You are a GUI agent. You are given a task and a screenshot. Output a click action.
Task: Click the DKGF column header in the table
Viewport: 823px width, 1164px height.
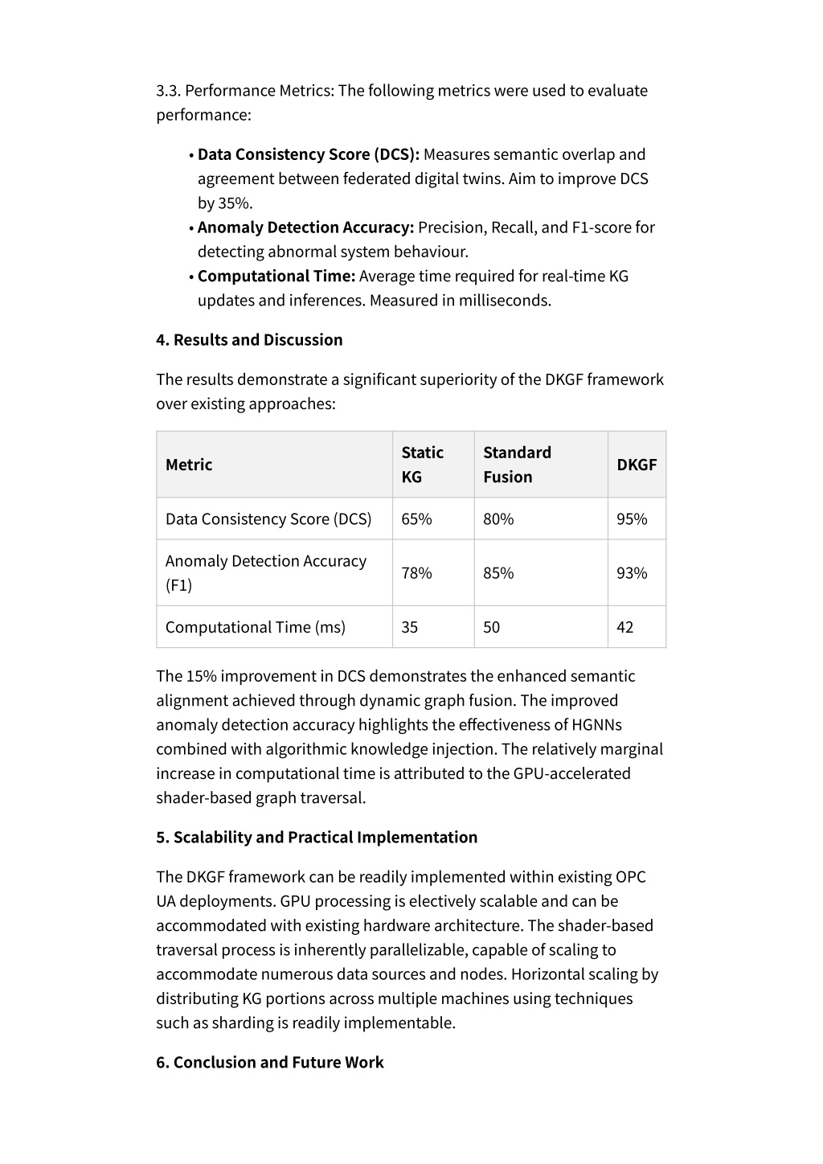[637, 465]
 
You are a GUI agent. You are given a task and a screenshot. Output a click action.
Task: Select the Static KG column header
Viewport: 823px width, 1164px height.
[422, 465]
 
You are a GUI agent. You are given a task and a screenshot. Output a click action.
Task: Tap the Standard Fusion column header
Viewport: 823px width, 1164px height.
[517, 465]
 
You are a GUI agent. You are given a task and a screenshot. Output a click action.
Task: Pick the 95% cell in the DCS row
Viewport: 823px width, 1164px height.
[632, 519]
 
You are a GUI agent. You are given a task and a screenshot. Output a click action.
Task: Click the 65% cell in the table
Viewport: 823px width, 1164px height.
[416, 519]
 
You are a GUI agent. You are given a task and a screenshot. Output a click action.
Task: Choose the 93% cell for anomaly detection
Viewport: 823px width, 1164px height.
[632, 573]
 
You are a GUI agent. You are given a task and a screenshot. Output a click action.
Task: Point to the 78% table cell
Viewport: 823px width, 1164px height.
[416, 573]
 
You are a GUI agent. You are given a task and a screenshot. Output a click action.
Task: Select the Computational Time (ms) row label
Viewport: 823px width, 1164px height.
[255, 627]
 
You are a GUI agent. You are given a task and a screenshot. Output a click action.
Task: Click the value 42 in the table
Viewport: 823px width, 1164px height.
[624, 627]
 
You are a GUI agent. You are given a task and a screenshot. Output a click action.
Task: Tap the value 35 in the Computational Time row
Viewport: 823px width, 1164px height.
[409, 627]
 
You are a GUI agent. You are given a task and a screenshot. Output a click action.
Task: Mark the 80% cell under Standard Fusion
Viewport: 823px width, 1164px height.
[498, 519]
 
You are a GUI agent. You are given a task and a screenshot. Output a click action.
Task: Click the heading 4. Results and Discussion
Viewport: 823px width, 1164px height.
[249, 340]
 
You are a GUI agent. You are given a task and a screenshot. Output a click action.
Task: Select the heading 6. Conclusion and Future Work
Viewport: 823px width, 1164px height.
[270, 1063]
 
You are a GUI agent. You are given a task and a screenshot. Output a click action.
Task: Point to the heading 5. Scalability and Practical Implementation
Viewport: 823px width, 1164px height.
[317, 838]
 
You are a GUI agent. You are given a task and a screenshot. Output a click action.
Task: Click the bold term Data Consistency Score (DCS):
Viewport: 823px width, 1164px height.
[309, 154]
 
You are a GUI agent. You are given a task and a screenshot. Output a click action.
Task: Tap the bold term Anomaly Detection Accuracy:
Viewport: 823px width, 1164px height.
[305, 227]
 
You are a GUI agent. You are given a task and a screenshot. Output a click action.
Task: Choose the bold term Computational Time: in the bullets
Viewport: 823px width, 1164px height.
[276, 277]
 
